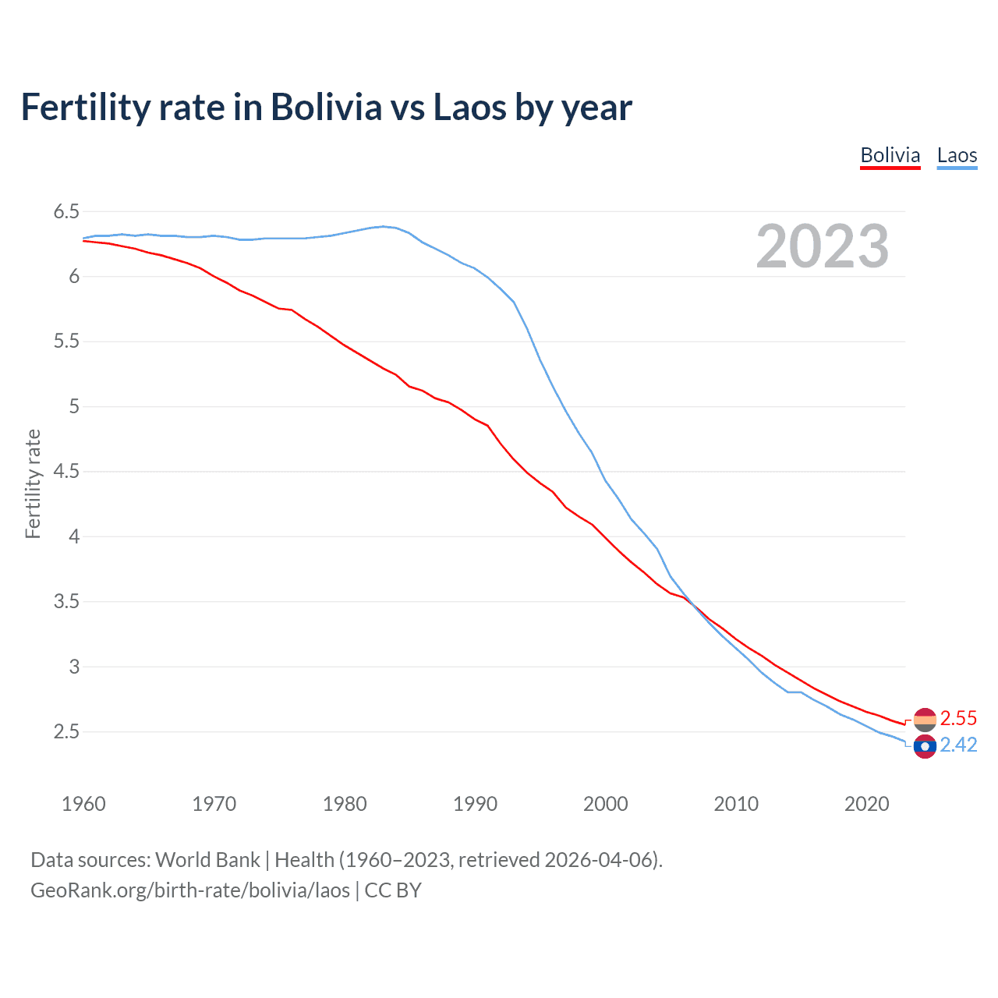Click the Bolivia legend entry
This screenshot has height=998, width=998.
890,155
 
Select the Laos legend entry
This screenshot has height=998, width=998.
957,155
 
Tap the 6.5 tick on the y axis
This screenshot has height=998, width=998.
66,211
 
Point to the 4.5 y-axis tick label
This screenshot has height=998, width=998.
66,472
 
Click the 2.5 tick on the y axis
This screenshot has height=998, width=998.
66,731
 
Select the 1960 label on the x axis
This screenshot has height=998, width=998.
83,804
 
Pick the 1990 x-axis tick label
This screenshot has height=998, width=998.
475,804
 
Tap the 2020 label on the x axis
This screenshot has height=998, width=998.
866,804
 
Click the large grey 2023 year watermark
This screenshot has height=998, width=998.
822,246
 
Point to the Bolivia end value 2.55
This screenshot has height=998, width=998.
958,718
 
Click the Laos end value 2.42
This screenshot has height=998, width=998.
958,745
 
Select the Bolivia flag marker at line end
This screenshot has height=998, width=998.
924,719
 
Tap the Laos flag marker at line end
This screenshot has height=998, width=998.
924,746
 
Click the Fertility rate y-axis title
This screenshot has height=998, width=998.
33,483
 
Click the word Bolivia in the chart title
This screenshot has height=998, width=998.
326,107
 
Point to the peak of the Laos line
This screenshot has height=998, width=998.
383,226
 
